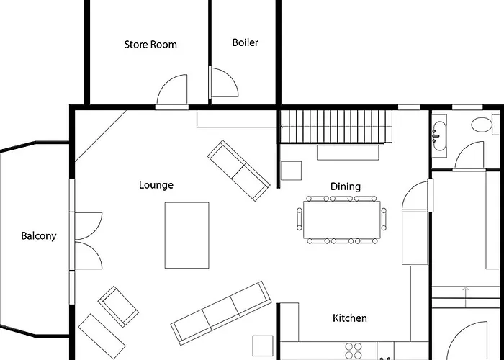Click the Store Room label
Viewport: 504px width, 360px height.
150,45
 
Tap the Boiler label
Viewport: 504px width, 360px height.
246,42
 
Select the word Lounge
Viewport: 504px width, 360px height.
156,185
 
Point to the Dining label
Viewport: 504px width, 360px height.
346,186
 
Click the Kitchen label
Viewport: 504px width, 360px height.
350,318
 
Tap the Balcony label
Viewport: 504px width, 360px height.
39,236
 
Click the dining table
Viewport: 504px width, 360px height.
342,220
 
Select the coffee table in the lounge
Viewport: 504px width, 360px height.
186,235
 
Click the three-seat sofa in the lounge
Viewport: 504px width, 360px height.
221,313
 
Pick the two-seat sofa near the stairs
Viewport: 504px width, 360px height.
238,171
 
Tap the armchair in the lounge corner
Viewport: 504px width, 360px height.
118,306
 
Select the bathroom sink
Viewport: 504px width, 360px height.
439,136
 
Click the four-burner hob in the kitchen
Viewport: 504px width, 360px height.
354,351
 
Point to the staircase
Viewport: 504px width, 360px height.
336,126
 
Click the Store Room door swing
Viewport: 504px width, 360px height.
171,89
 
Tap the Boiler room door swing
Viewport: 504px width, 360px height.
225,82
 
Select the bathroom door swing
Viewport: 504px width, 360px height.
469,155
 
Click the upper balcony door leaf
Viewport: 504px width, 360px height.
89,225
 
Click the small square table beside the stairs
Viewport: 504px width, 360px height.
291,171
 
